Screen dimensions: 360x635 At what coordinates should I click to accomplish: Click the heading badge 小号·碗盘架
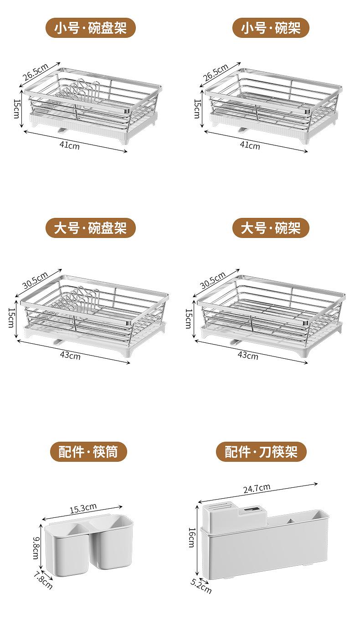pyautogui.click(x=91, y=28)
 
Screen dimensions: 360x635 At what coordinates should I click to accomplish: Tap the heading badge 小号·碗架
pyautogui.click(x=271, y=28)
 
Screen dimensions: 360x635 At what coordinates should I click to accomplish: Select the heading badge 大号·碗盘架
pyautogui.click(x=91, y=228)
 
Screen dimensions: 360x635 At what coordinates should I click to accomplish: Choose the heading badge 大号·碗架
pyautogui.click(x=271, y=228)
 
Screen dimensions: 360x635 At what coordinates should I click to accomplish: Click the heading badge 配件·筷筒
pyautogui.click(x=88, y=452)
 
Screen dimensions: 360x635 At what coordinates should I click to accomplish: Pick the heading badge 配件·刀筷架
pyautogui.click(x=262, y=452)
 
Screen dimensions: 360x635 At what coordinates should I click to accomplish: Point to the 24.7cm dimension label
pyautogui.click(x=257, y=488)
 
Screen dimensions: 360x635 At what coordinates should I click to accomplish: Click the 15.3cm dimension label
pyautogui.click(x=83, y=508)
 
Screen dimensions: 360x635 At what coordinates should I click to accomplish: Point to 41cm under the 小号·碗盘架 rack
pyautogui.click(x=69, y=145)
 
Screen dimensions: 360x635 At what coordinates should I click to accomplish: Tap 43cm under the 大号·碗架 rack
pyautogui.click(x=248, y=355)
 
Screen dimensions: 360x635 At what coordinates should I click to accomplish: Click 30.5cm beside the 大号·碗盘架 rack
pyautogui.click(x=35, y=280)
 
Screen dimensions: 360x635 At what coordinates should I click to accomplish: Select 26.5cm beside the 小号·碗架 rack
pyautogui.click(x=216, y=72)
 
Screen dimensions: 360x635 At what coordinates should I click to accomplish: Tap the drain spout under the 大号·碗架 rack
pyautogui.click(x=236, y=342)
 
